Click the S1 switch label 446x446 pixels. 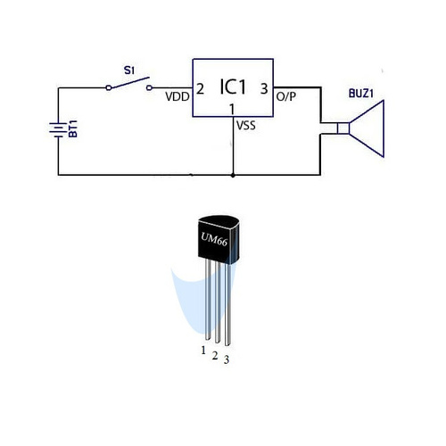(129, 70)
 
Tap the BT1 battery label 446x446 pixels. (73, 128)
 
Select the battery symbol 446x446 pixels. (58, 130)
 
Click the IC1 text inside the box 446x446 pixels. (233, 87)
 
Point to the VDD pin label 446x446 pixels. (178, 96)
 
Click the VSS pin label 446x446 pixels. (246, 125)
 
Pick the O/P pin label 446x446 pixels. (286, 96)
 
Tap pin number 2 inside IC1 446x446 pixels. (200, 89)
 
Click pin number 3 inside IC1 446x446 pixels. (264, 88)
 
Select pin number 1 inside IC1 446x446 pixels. (232, 110)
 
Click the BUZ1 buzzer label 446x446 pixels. (361, 94)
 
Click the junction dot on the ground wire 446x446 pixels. (233, 176)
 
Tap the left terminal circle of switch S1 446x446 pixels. (109, 87)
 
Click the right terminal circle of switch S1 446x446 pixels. (150, 87)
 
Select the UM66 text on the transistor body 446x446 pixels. (214, 240)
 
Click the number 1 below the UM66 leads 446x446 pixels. (203, 351)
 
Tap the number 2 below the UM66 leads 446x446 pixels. (215, 355)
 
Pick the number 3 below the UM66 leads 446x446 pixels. (227, 359)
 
